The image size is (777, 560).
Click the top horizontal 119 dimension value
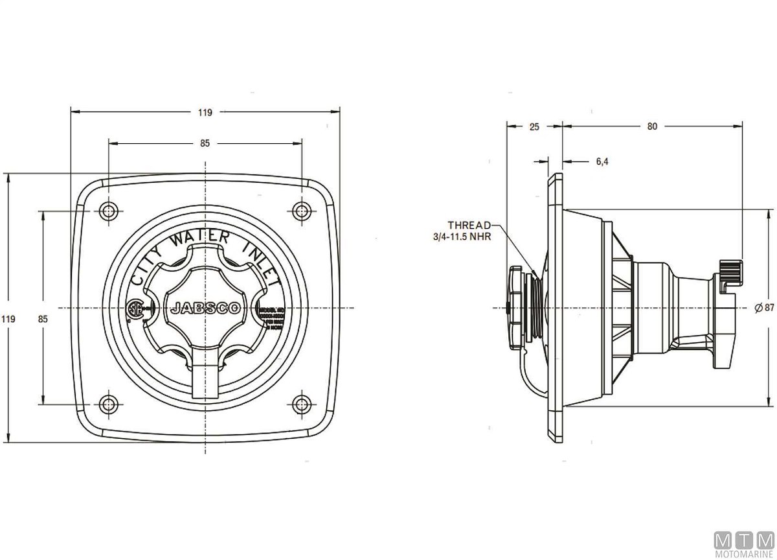205,112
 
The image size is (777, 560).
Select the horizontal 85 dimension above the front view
205,143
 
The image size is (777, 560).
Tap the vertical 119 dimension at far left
8,319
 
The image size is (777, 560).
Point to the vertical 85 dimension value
43,319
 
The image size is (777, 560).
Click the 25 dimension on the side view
534,127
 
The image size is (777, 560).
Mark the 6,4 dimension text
602,161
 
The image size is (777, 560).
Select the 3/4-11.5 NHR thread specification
462,237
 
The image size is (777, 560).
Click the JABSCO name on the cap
205,309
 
